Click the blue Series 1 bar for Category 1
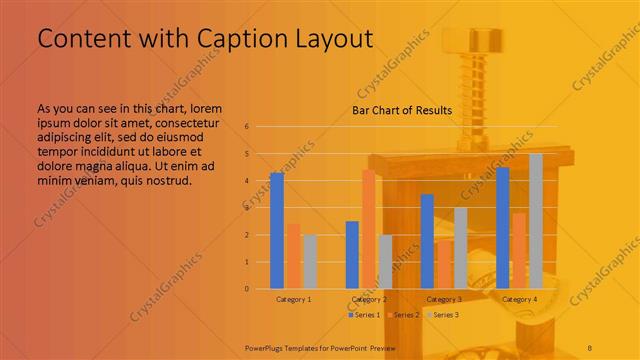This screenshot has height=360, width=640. pyautogui.click(x=277, y=231)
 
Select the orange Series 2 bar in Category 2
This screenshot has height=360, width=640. pyautogui.click(x=368, y=229)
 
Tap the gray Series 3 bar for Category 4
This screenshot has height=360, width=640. pyautogui.click(x=536, y=221)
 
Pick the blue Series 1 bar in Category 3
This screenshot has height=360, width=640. pyautogui.click(x=427, y=241)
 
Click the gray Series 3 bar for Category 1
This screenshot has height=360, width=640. pyautogui.click(x=310, y=262)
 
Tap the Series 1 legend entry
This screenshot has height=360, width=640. pyautogui.click(x=363, y=315)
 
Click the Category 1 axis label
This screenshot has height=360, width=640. pyautogui.click(x=293, y=299)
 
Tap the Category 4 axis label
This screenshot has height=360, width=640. pyautogui.click(x=519, y=299)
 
